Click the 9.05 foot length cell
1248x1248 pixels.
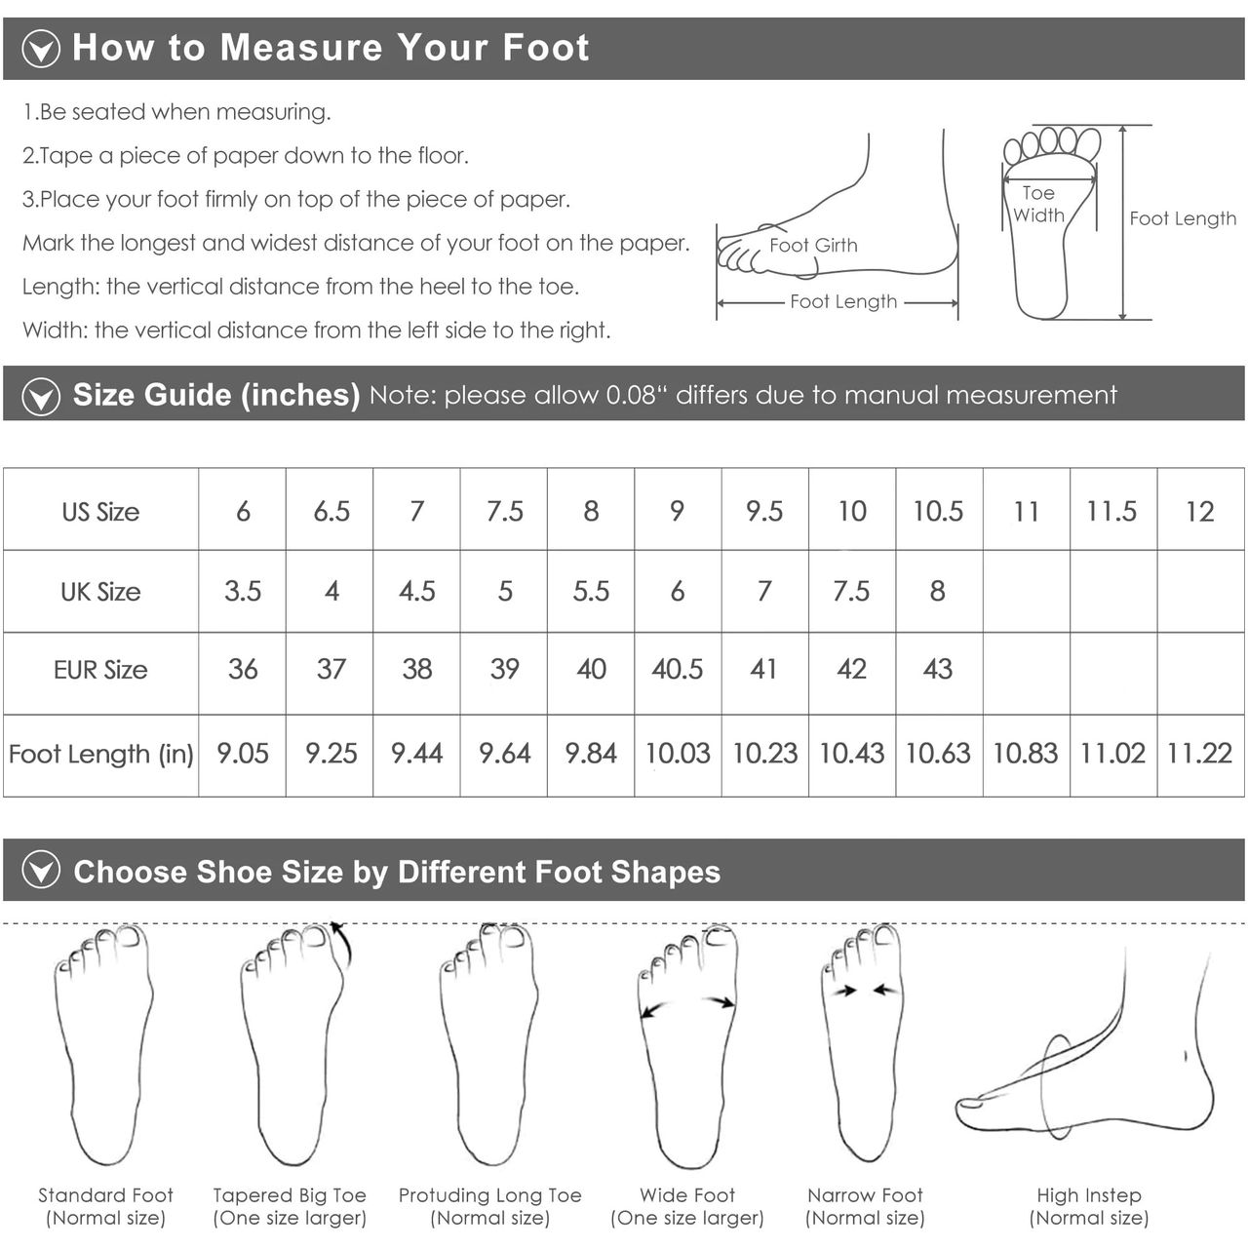(242, 754)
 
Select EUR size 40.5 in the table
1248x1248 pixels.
(677, 669)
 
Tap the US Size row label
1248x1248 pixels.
(100, 512)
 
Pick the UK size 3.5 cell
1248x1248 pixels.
(242, 591)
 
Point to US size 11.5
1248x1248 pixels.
(1111, 512)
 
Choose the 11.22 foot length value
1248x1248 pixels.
(1199, 754)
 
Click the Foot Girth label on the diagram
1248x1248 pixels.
(813, 245)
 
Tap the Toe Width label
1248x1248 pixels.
(1038, 204)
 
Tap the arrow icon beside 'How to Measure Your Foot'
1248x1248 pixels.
(41, 49)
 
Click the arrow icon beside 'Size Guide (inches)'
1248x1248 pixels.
(41, 397)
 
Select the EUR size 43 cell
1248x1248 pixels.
(938, 669)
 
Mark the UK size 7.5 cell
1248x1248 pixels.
(851, 591)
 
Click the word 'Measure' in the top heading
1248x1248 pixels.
(301, 47)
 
